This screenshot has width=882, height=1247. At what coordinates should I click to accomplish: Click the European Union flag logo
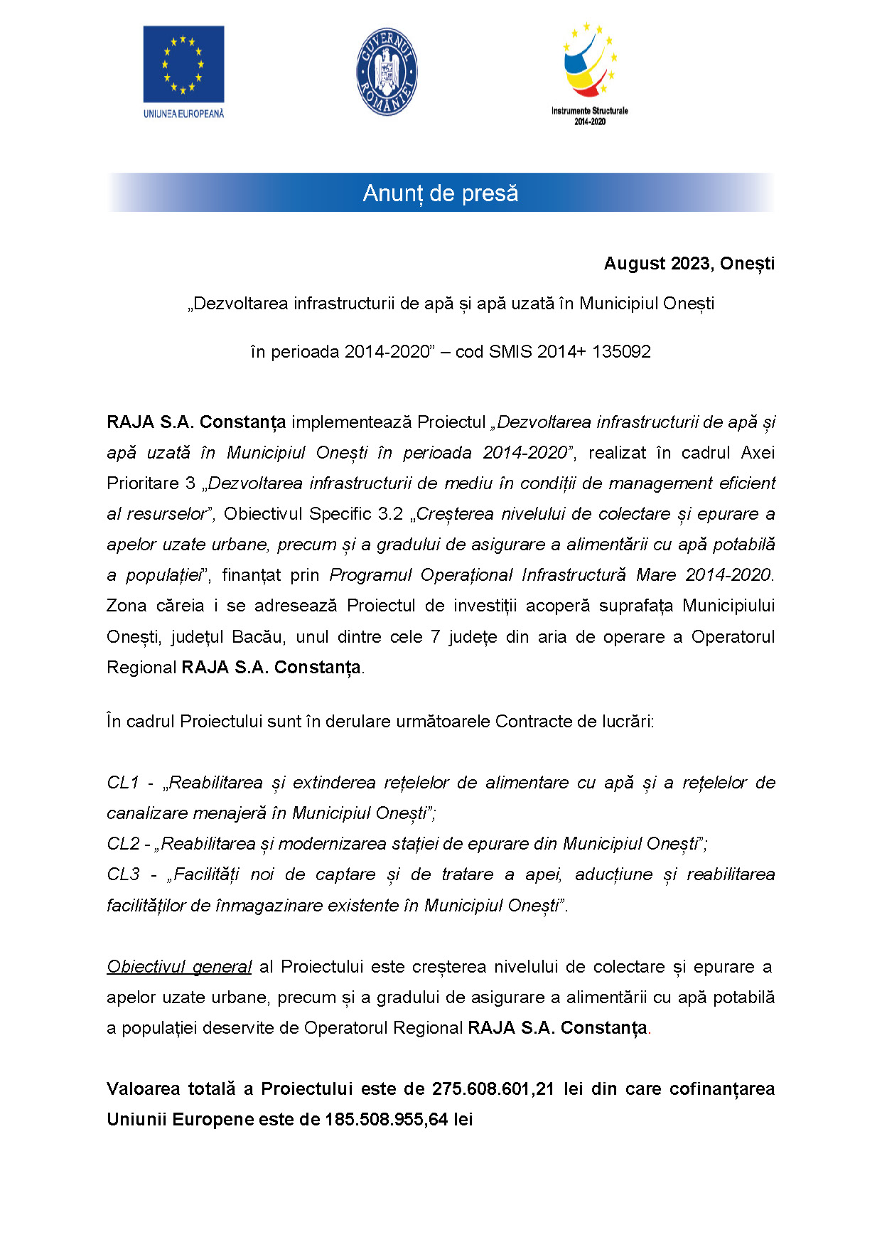coord(183,65)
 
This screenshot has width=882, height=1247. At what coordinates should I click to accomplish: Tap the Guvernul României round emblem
coord(386,72)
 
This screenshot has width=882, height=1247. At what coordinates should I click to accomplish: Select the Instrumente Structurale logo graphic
coord(590,61)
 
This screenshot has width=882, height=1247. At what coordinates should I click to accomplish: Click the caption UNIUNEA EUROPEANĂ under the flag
coord(183,114)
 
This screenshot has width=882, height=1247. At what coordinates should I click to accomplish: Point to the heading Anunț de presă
coord(441,193)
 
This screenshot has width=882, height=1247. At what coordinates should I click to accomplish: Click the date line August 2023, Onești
coord(689,264)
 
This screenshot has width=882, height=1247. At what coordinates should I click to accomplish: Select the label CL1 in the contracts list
coord(122,783)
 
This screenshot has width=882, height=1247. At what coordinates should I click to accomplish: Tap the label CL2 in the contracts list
coord(123,844)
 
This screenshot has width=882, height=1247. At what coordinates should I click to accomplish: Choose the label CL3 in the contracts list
coord(123,874)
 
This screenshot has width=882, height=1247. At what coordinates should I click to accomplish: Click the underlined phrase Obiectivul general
coord(179,967)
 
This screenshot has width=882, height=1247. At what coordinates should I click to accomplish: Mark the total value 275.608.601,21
coord(493,1089)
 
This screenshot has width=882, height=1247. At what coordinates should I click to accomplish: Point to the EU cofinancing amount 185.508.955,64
coord(386,1120)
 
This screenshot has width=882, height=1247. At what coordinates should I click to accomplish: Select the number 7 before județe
coord(435,637)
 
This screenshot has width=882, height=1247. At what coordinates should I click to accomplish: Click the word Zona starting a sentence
coord(127,606)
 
